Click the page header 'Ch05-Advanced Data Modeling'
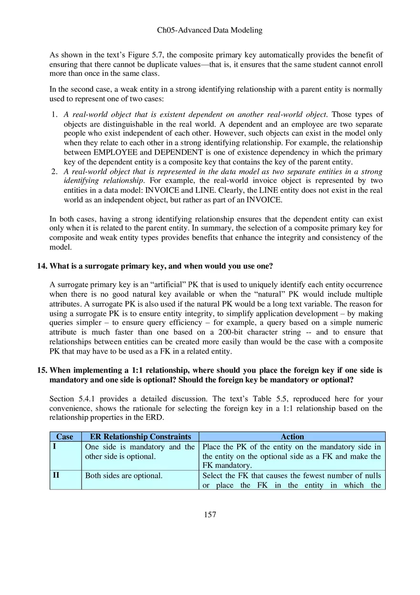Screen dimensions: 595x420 pyautogui.click(x=210, y=30)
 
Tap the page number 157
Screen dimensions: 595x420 pyautogui.click(x=210, y=514)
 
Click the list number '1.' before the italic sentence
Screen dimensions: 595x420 pyautogui.click(x=54, y=115)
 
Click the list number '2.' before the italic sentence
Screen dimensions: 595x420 pyautogui.click(x=54, y=171)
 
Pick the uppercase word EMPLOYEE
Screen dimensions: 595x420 pyautogui.click(x=115, y=153)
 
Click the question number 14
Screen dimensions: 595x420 pyautogui.click(x=42, y=266)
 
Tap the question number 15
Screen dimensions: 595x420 pyautogui.click(x=42, y=370)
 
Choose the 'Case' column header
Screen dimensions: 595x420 pyautogui.click(x=65, y=437)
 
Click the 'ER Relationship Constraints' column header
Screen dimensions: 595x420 pyautogui.click(x=140, y=437)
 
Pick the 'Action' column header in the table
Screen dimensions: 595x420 pyautogui.click(x=292, y=437)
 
